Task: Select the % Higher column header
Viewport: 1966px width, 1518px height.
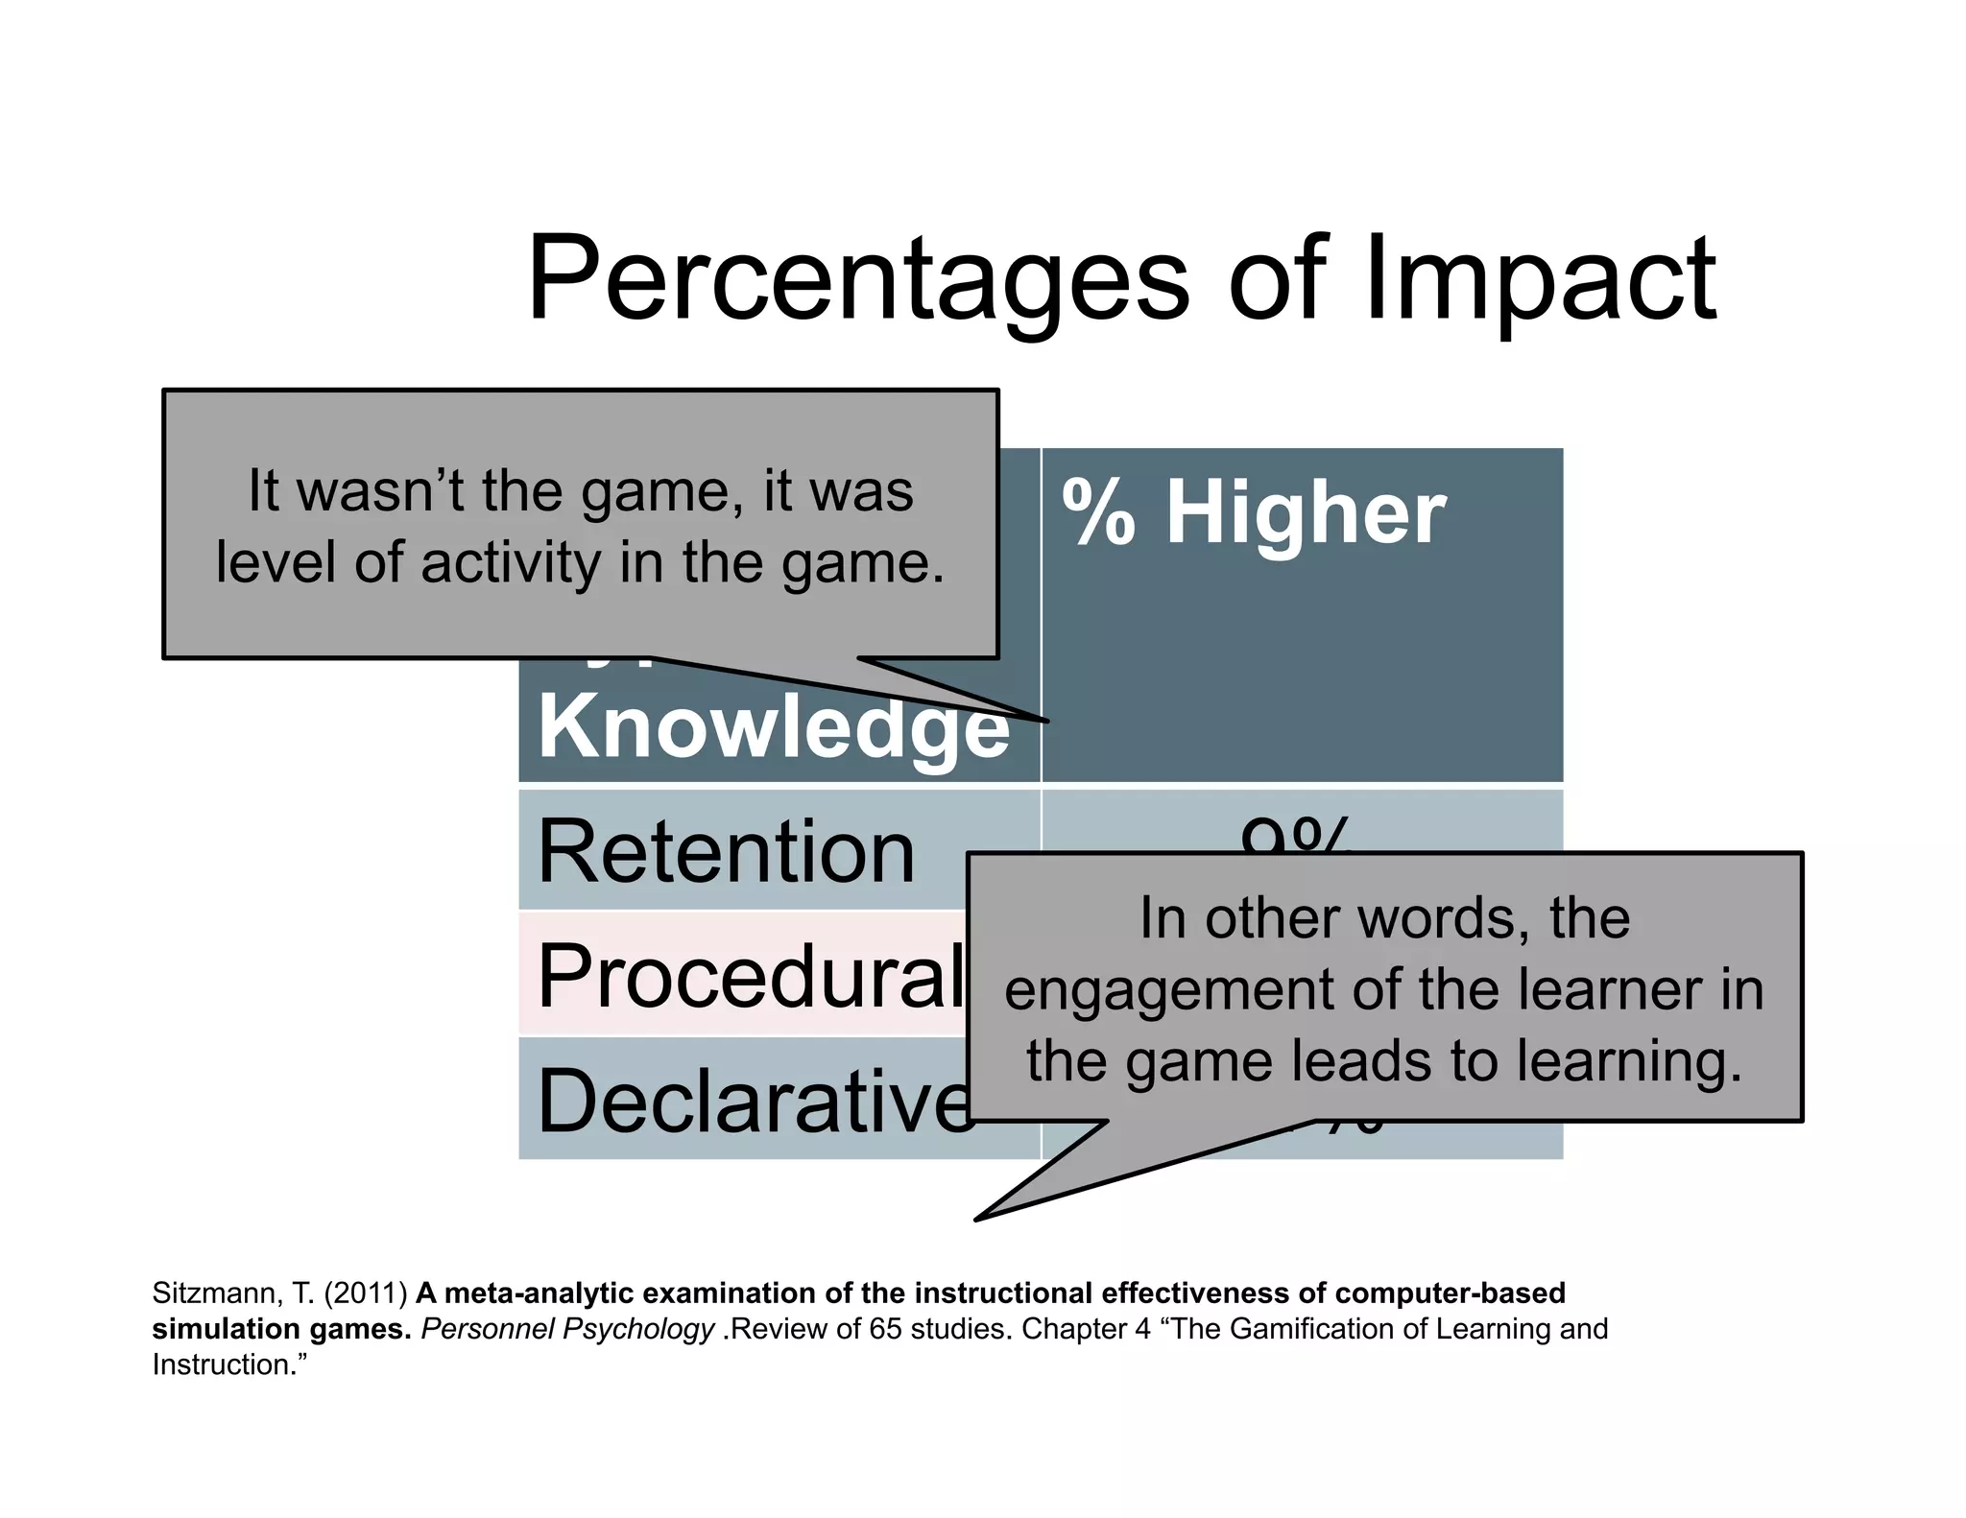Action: [x=1254, y=513]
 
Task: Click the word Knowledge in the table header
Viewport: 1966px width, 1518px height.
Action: [x=774, y=726]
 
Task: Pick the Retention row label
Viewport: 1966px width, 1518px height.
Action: [x=726, y=852]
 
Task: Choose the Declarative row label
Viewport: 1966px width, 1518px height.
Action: [x=755, y=1101]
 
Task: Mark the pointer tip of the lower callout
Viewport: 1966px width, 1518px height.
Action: [x=977, y=1219]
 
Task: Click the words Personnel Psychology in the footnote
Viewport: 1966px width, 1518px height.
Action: [x=567, y=1329]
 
